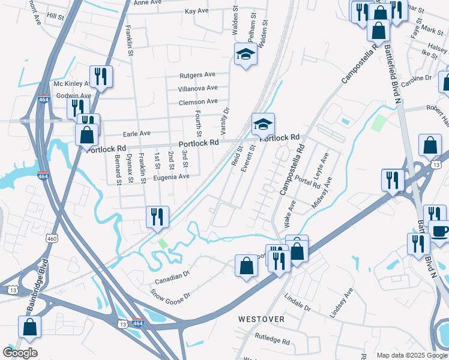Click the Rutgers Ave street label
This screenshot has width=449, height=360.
tap(197, 75)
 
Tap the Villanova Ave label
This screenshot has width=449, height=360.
tap(197, 88)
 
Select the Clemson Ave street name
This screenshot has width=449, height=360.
tap(197, 102)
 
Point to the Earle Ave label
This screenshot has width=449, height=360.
tap(136, 133)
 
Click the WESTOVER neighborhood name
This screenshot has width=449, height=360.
tap(261, 319)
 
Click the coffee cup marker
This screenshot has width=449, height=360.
tap(439, 231)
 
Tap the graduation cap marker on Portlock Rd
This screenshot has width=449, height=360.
tap(263, 124)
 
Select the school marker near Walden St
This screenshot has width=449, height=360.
tap(245, 54)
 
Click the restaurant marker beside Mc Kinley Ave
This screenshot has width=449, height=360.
tap(100, 76)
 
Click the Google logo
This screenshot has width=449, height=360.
tap(20, 353)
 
